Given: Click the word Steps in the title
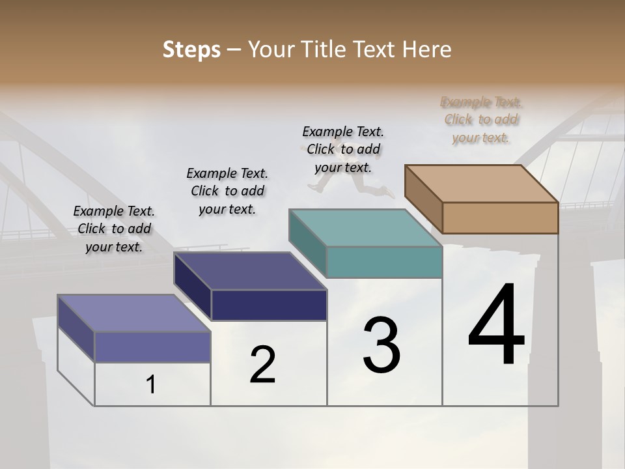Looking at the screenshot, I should coord(191,50).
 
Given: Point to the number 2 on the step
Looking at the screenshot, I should coord(262,365).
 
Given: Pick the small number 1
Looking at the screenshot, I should coord(151,384).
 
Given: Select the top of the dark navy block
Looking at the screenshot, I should coord(250,271).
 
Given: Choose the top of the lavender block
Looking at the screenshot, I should coord(134,313).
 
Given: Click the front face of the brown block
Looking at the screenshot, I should coord(500,218).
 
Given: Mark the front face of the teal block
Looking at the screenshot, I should coord(384,262).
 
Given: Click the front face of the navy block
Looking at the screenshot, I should coord(269,305).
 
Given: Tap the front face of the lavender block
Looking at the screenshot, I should coord(152,347).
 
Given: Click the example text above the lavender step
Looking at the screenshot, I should coord(114,229).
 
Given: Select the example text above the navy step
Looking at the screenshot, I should coord(227,191).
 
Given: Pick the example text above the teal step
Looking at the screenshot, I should coord(343,149).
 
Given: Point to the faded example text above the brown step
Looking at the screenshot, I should coord(481,119).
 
